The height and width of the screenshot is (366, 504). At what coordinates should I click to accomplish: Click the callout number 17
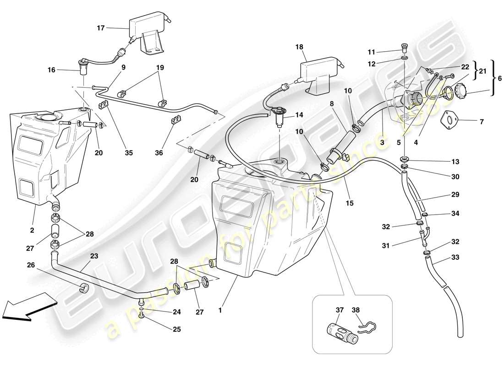(101, 28)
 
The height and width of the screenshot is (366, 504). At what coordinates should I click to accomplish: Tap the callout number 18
(300, 47)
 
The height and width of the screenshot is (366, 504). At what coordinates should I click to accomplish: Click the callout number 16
(51, 70)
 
